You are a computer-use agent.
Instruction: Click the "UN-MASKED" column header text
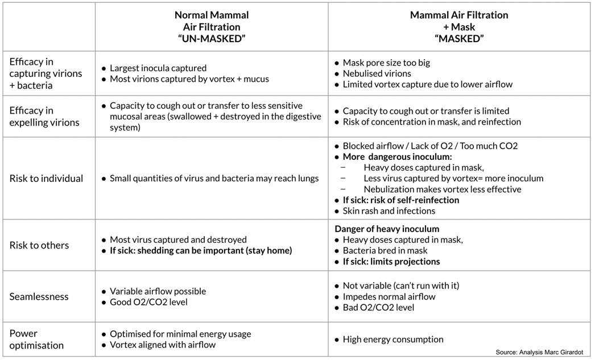coord(211,38)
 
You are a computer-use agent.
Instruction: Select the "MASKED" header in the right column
coord(458,38)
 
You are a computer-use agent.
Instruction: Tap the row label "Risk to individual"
coord(46,179)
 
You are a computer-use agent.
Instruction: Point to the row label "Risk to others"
coord(39,245)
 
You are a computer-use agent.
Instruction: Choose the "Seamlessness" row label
coord(39,296)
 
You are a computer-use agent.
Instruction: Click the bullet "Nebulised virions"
coord(377,73)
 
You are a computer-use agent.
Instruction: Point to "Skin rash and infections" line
coord(389,211)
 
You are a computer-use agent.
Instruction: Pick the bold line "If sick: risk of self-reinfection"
coord(400,200)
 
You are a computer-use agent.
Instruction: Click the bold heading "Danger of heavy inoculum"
coord(387,229)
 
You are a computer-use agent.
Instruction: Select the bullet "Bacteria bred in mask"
coord(385,251)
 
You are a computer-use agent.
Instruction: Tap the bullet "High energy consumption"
coord(392,340)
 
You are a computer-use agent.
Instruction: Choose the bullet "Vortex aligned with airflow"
coord(162,345)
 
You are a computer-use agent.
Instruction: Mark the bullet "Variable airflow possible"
coord(158,291)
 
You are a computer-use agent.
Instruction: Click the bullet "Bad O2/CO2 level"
coord(378,308)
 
